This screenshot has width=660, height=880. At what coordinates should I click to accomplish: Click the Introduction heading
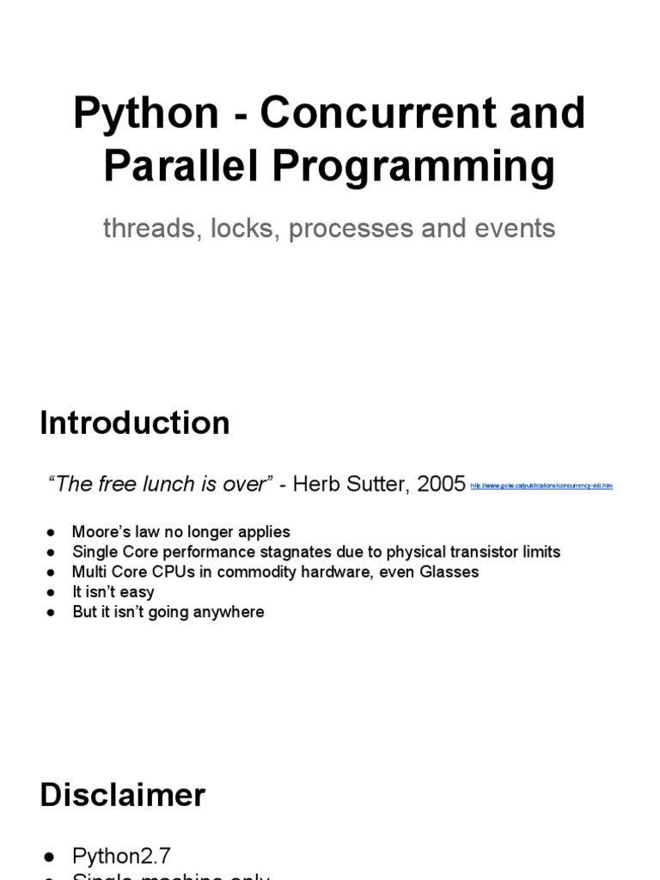(x=135, y=424)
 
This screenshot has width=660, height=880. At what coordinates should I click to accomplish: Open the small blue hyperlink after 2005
(x=541, y=486)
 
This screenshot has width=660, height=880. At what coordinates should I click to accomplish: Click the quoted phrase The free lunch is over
(x=160, y=484)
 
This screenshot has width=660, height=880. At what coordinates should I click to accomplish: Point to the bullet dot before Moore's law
(x=52, y=532)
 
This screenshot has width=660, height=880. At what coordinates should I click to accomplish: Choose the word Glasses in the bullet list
(x=448, y=571)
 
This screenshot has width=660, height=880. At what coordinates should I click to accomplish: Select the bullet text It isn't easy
(x=113, y=591)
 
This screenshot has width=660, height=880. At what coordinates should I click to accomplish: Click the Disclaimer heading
(x=123, y=795)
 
